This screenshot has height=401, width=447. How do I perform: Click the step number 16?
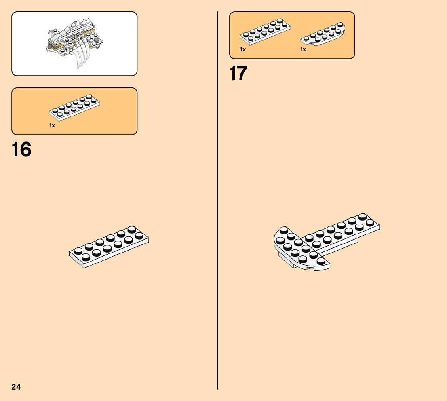(x=22, y=150)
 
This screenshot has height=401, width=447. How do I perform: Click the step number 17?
(x=238, y=74)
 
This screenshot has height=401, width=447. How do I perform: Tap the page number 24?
(x=16, y=387)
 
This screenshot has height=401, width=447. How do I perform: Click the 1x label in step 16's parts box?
(x=52, y=125)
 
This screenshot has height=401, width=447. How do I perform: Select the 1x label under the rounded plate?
(x=303, y=49)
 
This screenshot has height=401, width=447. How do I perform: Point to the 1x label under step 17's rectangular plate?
(x=242, y=49)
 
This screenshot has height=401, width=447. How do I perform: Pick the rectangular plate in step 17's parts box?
(x=266, y=31)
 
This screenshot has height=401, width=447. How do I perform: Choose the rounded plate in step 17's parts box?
(x=323, y=35)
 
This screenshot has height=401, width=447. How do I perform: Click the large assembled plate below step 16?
(x=109, y=246)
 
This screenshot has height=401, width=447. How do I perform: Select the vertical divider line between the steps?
(x=218, y=202)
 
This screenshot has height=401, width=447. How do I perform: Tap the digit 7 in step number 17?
(x=243, y=74)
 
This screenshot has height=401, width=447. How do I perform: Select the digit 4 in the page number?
(x=18, y=387)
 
